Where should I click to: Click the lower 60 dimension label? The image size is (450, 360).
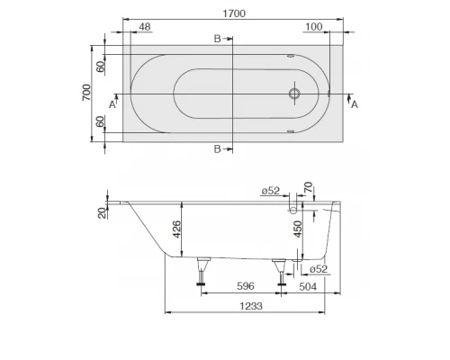pyautogui.click(x=102, y=123)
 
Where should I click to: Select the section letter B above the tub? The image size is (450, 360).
pyautogui.click(x=216, y=39)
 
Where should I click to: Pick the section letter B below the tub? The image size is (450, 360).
pyautogui.click(x=216, y=148)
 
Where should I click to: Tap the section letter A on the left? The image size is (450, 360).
pyautogui.click(x=112, y=105)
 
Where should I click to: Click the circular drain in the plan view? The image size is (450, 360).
pyautogui.click(x=293, y=93)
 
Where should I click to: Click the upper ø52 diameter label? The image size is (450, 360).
pyautogui.click(x=270, y=191)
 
